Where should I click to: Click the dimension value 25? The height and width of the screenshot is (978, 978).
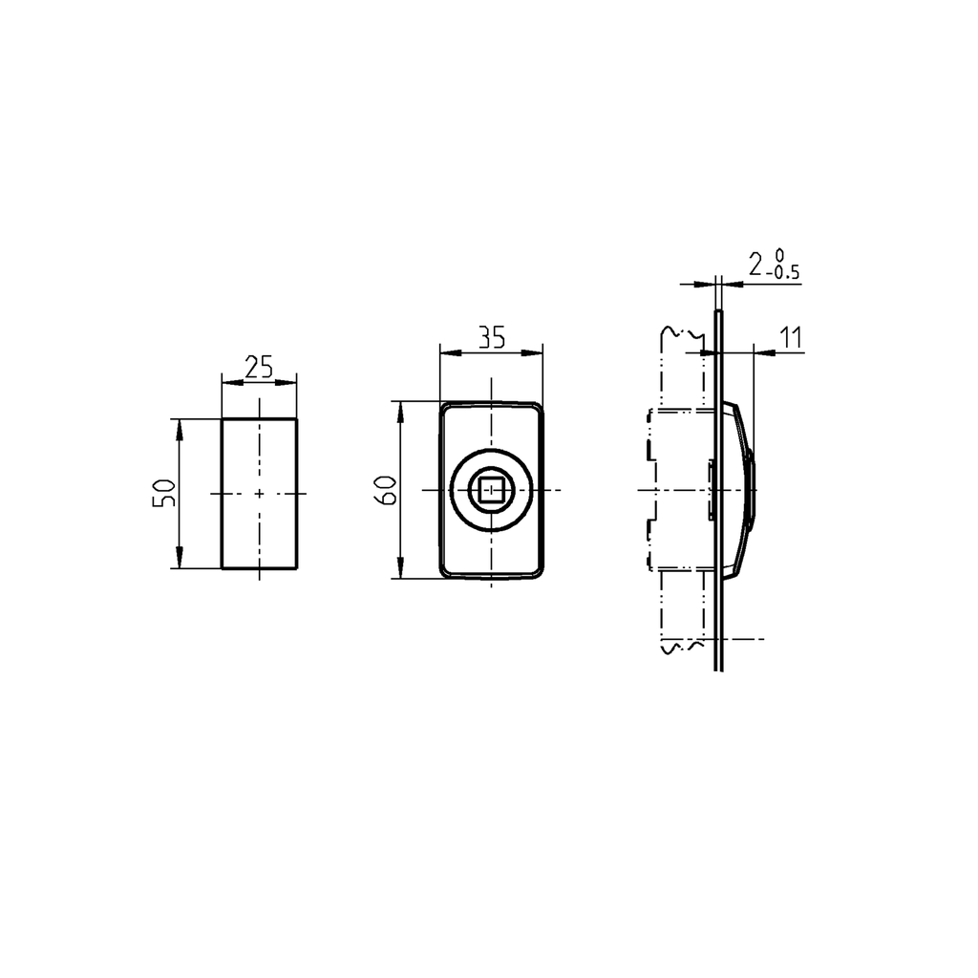(259, 367)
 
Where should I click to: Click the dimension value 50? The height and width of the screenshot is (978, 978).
(164, 493)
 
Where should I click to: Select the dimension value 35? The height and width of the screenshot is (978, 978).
(491, 336)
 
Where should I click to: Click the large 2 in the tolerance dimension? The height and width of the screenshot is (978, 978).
(756, 265)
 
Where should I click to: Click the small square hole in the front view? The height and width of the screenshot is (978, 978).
(491, 491)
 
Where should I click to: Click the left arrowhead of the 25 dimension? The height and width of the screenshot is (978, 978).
(227, 382)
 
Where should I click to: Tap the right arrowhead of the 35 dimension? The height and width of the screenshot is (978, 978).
(537, 352)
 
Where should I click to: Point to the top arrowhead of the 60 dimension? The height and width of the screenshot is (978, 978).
(400, 407)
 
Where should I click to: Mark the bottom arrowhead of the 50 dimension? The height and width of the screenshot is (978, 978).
(179, 563)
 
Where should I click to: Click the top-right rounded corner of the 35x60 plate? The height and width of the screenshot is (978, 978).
(539, 408)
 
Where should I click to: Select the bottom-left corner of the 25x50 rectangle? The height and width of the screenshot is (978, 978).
(223, 568)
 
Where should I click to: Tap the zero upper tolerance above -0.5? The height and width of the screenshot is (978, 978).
(780, 255)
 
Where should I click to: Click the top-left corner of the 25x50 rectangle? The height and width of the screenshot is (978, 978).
(223, 418)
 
